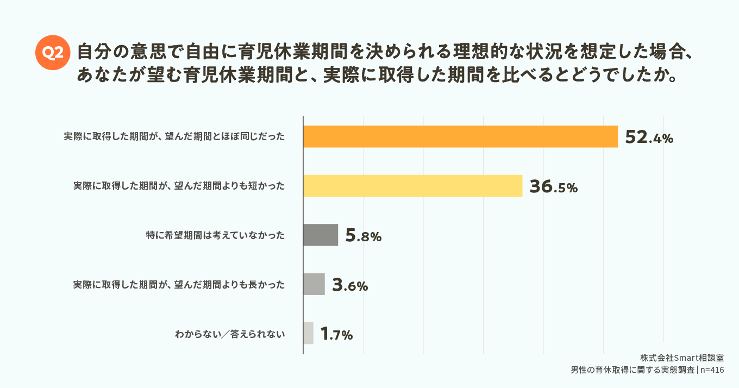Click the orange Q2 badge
click(53, 52)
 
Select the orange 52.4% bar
click(460, 137)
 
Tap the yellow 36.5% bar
click(412, 186)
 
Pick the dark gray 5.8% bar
click(321, 235)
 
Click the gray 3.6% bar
click(314, 284)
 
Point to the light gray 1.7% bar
click(308, 333)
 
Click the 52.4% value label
click(649, 138)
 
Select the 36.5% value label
click(553, 187)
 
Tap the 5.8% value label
click(364, 236)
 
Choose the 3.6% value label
click(350, 285)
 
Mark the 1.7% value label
click(337, 334)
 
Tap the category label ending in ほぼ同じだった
click(174, 137)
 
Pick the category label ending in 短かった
click(179, 186)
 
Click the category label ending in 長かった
click(179, 284)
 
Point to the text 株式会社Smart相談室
click(681, 358)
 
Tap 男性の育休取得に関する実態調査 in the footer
click(633, 370)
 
